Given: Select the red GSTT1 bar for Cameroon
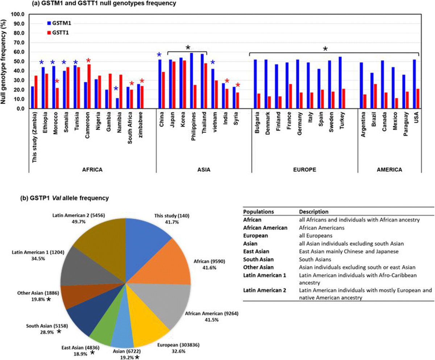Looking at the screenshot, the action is click(90, 87).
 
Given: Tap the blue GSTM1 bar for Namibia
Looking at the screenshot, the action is click(117, 103).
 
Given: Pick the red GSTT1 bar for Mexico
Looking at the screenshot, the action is click(396, 103).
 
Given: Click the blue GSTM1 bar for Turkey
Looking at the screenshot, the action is click(340, 83).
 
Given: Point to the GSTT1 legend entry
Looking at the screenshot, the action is click(58, 33).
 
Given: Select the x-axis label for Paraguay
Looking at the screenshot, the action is click(406, 124).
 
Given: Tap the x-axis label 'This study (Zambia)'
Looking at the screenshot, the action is click(34, 137).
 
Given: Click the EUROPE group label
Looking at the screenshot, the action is click(304, 170).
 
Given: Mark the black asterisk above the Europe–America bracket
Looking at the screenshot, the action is click(325, 49).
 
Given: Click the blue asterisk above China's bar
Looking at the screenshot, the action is click(159, 55).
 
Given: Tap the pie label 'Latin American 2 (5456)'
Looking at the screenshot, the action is click(79, 215).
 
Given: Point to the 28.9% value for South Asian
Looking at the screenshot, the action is click(47, 332).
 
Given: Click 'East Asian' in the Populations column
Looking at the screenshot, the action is click(256, 251).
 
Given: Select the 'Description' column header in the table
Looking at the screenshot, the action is click(314, 212).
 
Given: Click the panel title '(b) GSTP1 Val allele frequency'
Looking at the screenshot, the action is click(64, 198).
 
